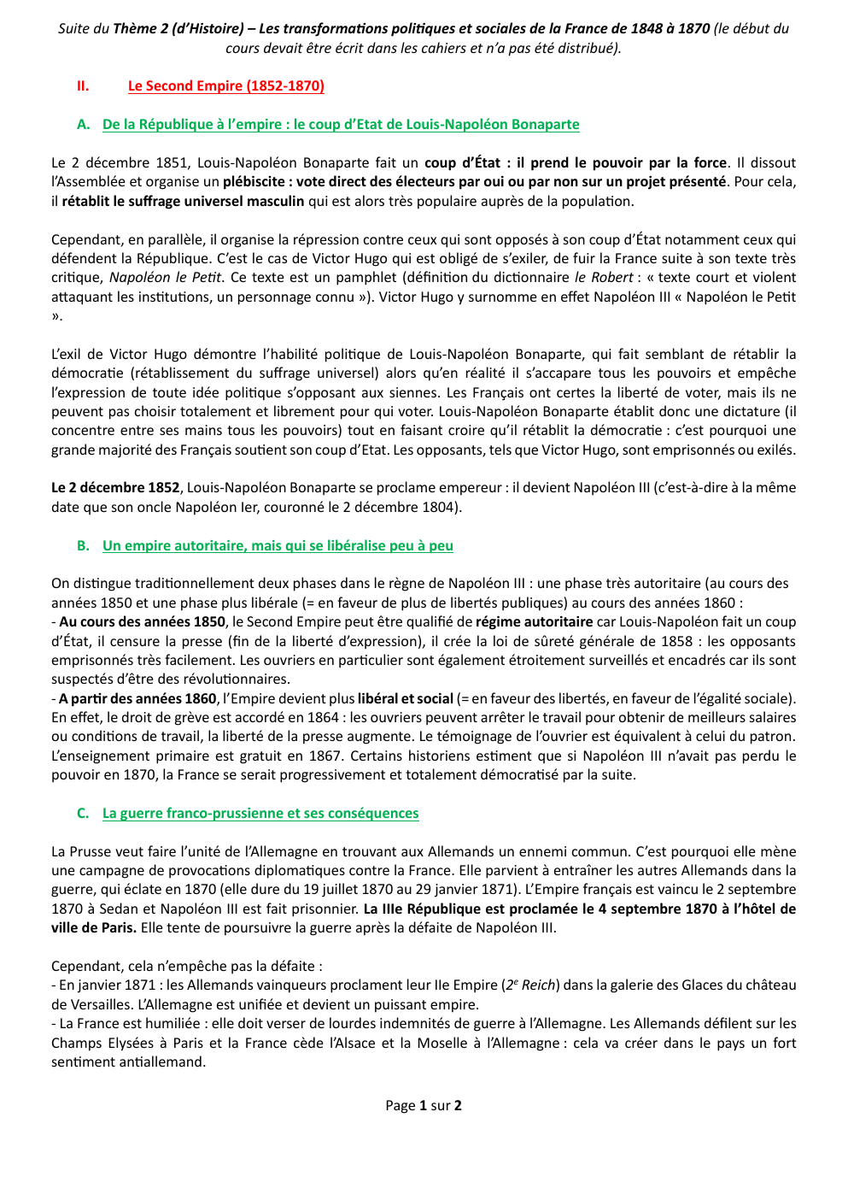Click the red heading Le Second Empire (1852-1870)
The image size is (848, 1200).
(x=225, y=85)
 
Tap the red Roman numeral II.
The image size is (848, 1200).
(x=83, y=85)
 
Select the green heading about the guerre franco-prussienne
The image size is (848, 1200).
(x=260, y=813)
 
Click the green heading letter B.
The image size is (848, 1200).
(x=83, y=545)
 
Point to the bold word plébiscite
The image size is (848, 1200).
(x=254, y=181)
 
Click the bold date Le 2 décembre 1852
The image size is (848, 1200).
(x=115, y=487)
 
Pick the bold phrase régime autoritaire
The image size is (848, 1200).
(x=534, y=621)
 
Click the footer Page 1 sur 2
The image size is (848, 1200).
(x=424, y=1105)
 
